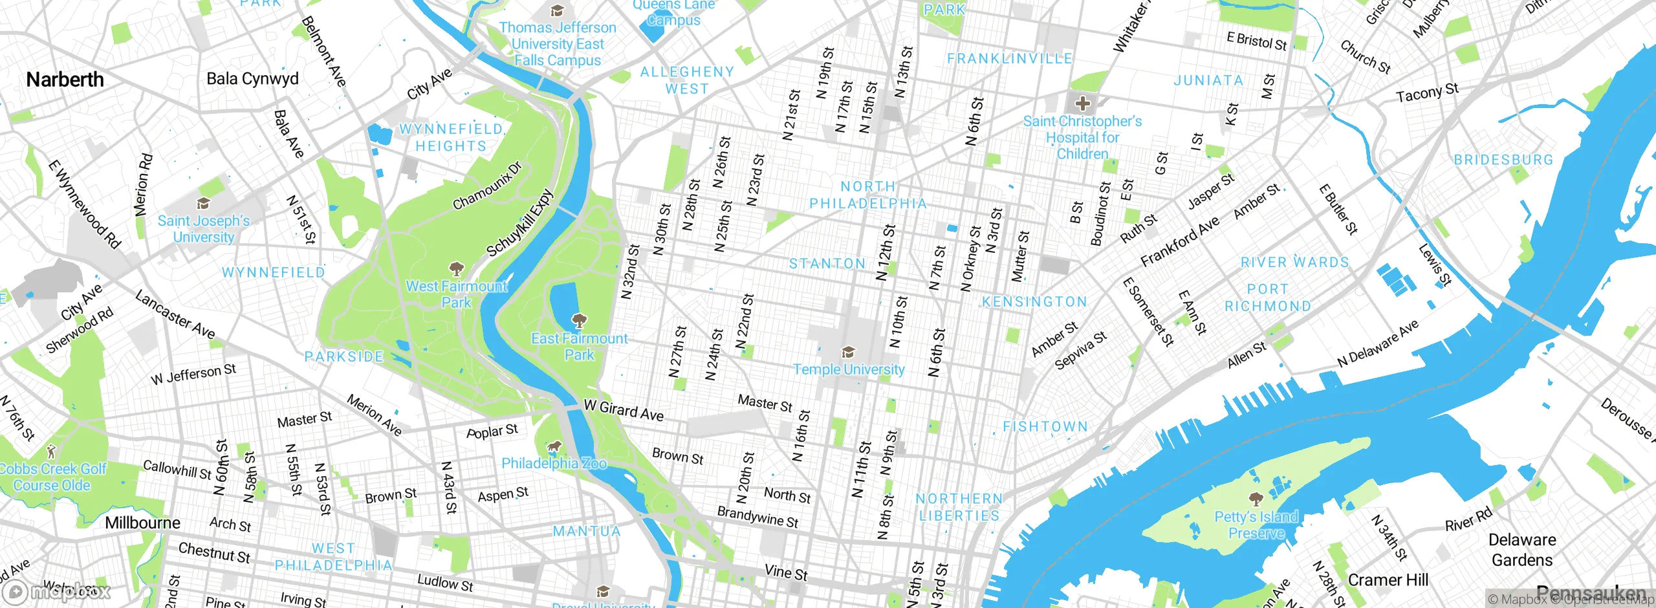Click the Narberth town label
click(x=65, y=80)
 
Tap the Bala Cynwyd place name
click(x=252, y=79)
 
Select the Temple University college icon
click(x=848, y=352)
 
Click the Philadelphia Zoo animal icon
click(x=554, y=446)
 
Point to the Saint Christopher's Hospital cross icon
click(x=1082, y=103)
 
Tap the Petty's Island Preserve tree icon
click(x=1256, y=499)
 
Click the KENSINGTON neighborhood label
click(x=1034, y=302)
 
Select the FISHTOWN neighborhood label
click(x=1045, y=427)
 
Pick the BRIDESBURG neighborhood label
click(x=1503, y=160)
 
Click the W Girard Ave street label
click(x=624, y=410)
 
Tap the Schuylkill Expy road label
click(x=520, y=223)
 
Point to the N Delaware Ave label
click(x=1378, y=343)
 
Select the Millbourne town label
click(x=142, y=523)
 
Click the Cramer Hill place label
click(x=1388, y=580)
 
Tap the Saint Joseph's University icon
click(x=203, y=204)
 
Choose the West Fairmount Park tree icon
click(x=457, y=268)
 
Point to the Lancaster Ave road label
click(x=175, y=314)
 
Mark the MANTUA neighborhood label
click(x=586, y=532)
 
